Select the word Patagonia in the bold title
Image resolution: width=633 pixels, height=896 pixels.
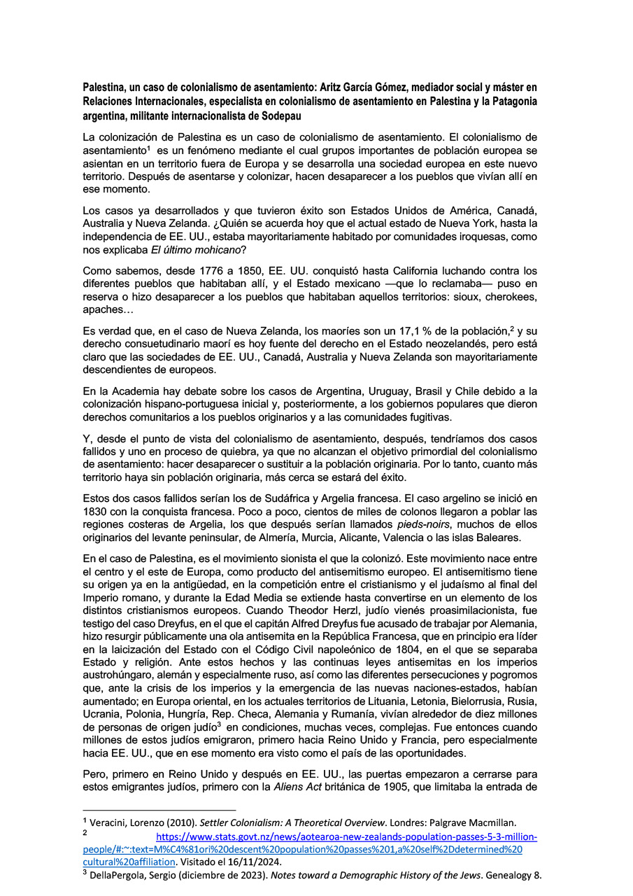click(510, 101)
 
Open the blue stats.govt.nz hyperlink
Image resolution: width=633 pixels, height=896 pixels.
click(346, 837)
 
